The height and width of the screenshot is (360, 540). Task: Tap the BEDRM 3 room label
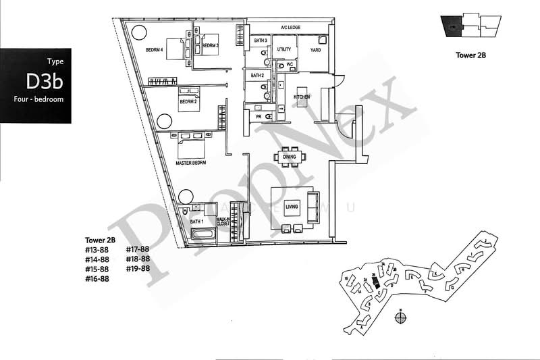point(211,45)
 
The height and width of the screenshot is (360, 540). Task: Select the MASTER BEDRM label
point(190,163)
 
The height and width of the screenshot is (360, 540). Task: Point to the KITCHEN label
point(301,97)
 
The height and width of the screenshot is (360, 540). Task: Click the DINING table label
point(290,157)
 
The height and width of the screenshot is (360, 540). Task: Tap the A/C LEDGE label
point(290,28)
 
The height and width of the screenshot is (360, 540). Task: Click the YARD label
point(314,49)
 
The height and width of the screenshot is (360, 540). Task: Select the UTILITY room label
point(283,49)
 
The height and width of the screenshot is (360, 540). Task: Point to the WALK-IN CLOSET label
point(223,222)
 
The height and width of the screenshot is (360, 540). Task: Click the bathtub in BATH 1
point(202,235)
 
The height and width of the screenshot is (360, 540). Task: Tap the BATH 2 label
point(257,76)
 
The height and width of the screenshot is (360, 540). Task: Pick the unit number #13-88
point(97,249)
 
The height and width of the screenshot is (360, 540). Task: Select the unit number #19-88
point(138,269)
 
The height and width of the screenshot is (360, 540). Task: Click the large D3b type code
point(45,82)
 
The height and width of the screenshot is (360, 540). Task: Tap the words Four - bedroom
point(38,99)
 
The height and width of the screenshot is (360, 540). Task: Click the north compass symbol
point(400,313)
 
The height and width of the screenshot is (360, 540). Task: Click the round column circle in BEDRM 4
point(138,32)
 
